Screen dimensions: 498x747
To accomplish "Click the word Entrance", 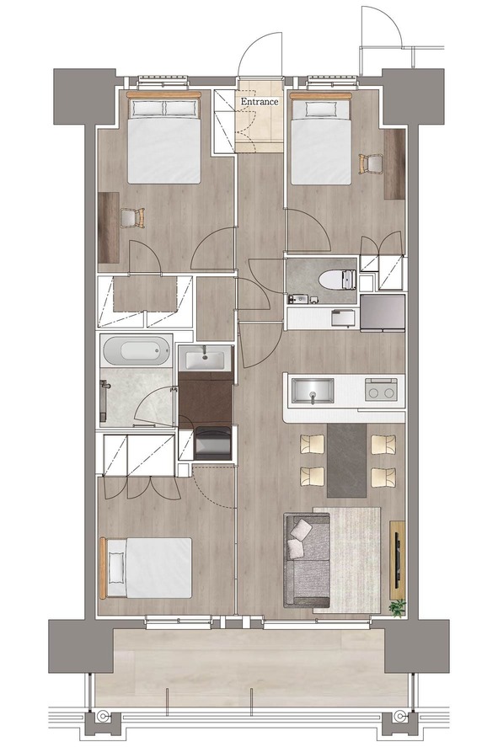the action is [x=259, y=101].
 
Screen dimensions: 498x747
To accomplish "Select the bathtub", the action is [x=136, y=351].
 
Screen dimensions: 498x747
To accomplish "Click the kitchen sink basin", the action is [x=313, y=391].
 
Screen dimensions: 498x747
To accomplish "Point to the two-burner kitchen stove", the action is [x=381, y=390].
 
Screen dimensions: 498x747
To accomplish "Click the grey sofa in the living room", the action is [x=307, y=560].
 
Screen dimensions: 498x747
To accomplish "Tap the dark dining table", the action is [x=347, y=461].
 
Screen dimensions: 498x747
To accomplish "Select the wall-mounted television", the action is [x=397, y=561].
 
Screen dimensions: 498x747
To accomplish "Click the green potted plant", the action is [x=397, y=608].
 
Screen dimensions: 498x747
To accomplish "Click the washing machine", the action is [x=213, y=443].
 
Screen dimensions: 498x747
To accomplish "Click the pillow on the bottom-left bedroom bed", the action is [x=116, y=568].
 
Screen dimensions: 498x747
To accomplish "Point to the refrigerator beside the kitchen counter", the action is [x=383, y=312].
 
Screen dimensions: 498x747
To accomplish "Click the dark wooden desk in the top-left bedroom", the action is [x=109, y=227].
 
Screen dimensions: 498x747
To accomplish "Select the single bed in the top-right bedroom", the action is [x=321, y=139].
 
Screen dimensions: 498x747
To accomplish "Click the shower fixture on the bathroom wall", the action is [x=104, y=401].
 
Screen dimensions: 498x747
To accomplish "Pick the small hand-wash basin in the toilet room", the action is [x=296, y=299].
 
